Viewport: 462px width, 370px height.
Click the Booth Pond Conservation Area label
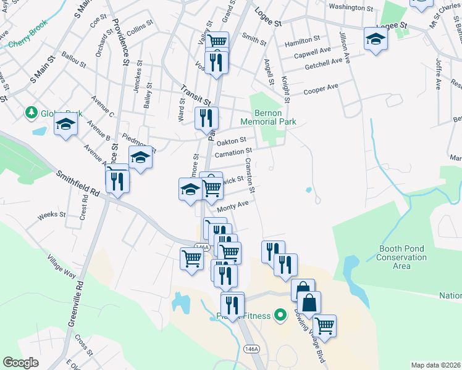click(x=401, y=257)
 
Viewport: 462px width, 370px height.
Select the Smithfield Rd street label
click(x=78, y=184)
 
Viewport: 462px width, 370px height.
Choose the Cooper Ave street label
click(x=321, y=90)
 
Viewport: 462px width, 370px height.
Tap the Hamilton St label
click(x=302, y=41)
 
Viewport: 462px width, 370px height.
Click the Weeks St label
click(x=52, y=215)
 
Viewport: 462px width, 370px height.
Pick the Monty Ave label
click(x=233, y=205)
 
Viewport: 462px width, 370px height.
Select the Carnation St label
click(x=233, y=151)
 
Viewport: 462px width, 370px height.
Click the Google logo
click(x=20, y=363)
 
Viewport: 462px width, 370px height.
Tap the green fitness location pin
click(x=280, y=316)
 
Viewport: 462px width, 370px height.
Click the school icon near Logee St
click(x=376, y=39)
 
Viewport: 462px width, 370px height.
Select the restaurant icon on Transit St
click(x=206, y=118)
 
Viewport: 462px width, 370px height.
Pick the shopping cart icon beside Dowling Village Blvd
click(x=324, y=325)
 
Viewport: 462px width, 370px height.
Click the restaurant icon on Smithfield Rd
click(x=117, y=180)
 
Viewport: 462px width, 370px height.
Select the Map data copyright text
click(x=436, y=365)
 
